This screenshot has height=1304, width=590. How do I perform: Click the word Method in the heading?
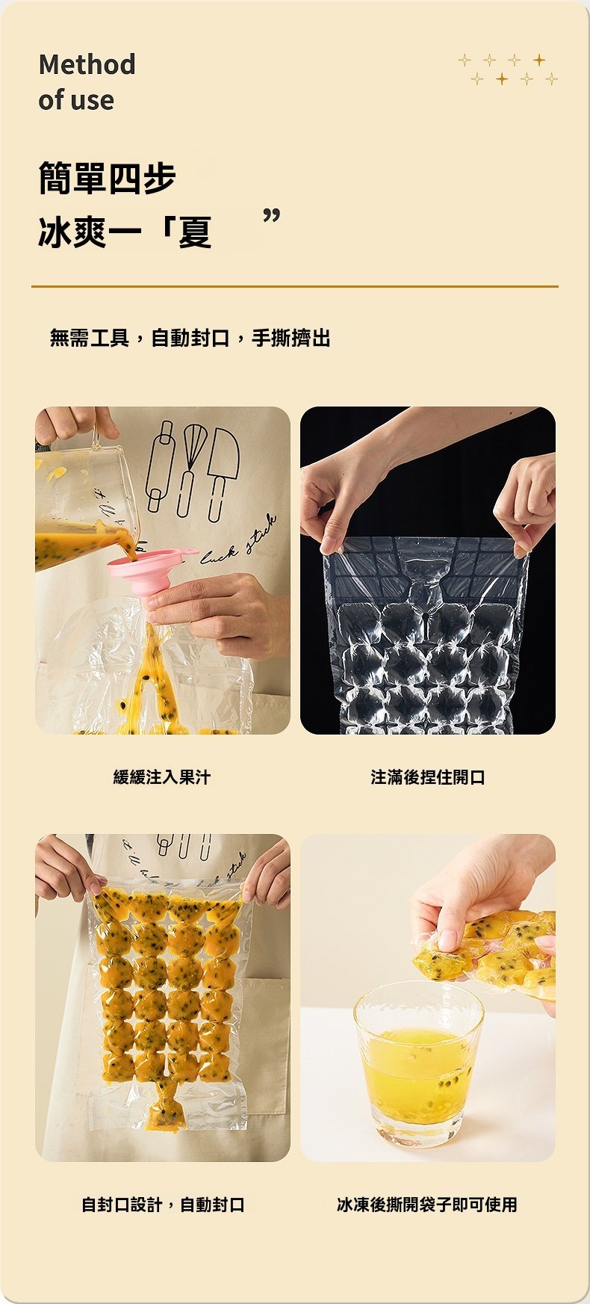(87, 64)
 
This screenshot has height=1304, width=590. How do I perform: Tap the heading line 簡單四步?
(107, 178)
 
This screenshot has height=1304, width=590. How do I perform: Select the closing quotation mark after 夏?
(272, 217)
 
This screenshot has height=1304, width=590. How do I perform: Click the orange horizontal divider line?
(294, 286)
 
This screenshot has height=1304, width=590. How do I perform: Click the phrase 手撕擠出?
(291, 339)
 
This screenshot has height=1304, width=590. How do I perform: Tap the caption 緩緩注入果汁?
(162, 777)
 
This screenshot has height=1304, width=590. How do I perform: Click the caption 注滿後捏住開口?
(427, 777)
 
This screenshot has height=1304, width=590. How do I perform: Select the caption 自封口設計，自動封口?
(162, 1205)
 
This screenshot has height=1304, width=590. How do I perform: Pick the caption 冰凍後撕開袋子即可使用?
(427, 1205)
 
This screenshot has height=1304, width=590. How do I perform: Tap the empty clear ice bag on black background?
(426, 635)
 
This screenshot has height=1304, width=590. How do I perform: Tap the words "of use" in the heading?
(76, 100)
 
